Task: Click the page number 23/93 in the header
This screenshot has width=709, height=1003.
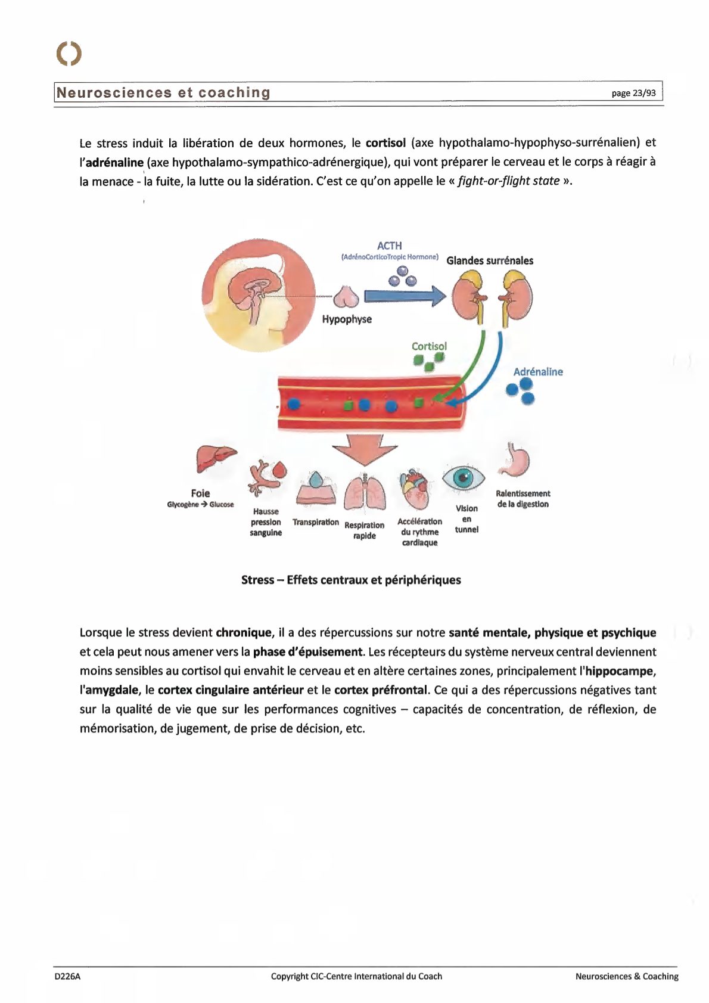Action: tap(633, 93)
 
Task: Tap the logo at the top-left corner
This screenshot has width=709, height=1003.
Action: tap(69, 54)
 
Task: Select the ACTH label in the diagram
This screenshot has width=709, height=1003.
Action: tap(389, 246)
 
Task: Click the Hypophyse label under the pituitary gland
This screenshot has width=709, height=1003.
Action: tap(347, 319)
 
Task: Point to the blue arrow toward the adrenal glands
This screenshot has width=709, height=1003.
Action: tap(405, 296)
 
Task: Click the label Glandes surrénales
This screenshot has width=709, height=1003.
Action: tap(490, 260)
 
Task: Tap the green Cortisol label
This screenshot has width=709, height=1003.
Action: tap(429, 346)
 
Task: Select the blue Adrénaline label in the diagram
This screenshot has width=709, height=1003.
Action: tap(538, 372)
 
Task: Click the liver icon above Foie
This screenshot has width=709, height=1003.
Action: tap(215, 459)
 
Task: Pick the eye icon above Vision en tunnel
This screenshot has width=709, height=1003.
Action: tap(463, 477)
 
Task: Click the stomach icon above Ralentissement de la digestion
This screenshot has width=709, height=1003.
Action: tap(514, 461)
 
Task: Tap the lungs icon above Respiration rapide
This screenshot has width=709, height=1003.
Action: tap(365, 494)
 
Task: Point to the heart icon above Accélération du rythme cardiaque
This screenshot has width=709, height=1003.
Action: tap(415, 489)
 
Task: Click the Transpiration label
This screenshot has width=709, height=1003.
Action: tap(316, 522)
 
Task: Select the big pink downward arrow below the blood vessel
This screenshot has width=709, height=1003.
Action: tap(365, 449)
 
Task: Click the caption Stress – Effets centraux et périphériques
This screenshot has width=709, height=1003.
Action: tap(351, 580)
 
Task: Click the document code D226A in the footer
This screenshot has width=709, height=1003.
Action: tap(67, 976)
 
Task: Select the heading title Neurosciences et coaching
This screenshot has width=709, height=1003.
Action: tap(163, 93)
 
